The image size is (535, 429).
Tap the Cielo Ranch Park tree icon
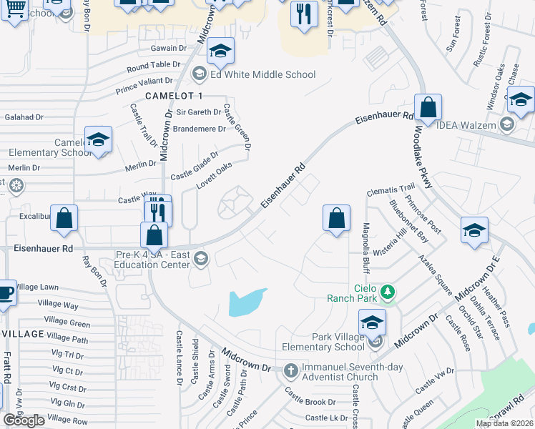click(x=388, y=291)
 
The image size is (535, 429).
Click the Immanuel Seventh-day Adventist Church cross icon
click(x=290, y=370)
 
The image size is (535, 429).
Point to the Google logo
click(x=24, y=420)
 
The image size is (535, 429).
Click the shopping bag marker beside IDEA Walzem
click(x=428, y=109)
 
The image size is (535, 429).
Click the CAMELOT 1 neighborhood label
click(x=174, y=96)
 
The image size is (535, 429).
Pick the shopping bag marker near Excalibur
click(x=64, y=219)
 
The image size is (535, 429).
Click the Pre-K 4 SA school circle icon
click(x=200, y=258)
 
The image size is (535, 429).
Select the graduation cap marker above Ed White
click(x=221, y=51)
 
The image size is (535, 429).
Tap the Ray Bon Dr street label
click(x=94, y=272)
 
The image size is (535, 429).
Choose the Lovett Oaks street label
click(x=215, y=177)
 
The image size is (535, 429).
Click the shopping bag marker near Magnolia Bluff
click(x=336, y=218)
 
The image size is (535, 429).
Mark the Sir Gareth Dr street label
click(x=199, y=112)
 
